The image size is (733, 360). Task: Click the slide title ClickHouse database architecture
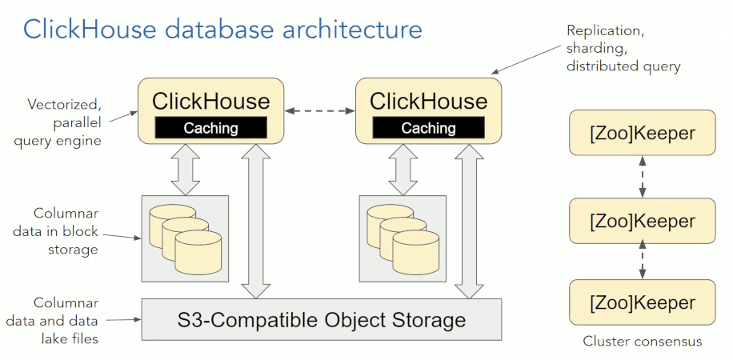pos(222,30)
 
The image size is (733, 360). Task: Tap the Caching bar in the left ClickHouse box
pos(210,128)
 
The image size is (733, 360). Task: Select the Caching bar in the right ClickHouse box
pos(429,128)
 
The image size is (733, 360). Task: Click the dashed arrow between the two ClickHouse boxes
pos(320,111)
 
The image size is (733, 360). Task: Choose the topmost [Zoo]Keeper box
pos(643,133)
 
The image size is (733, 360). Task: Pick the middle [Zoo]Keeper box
pos(643,221)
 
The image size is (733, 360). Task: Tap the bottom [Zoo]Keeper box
pos(643,302)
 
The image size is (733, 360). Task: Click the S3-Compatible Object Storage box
pos(322,320)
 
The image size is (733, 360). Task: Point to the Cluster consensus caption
pos(643,342)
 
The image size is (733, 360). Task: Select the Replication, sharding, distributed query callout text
pos(623,49)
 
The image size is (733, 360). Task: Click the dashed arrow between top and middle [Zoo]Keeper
pos(643,177)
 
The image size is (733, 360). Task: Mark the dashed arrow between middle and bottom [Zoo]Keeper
pos(643,262)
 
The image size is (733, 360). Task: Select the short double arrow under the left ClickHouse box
pos(185,170)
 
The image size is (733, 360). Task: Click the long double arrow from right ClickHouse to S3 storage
pos(469,221)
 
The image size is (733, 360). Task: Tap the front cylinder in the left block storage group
pos(198,253)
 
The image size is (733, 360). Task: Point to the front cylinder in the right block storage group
pos(416,253)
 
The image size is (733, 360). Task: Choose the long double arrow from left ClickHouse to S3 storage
pos(256,221)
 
